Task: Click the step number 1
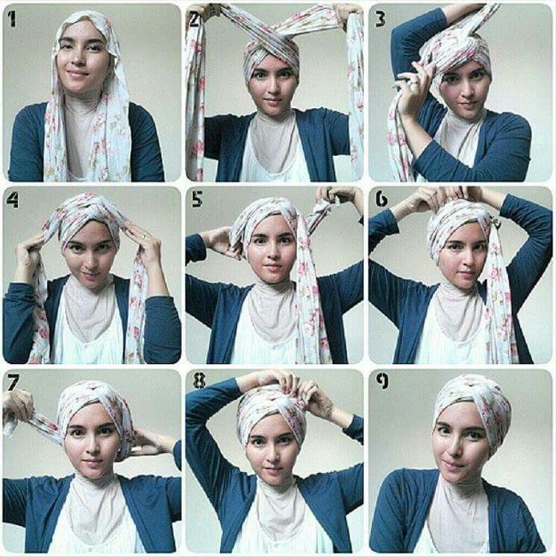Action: (12, 19)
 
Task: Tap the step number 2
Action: (194, 19)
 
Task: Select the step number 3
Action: (380, 19)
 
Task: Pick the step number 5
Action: (197, 199)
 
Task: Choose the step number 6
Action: (381, 200)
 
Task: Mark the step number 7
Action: (13, 382)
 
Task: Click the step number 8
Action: (199, 380)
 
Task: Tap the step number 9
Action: (382, 380)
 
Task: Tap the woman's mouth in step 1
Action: (78, 74)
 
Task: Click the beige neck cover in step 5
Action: (272, 313)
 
